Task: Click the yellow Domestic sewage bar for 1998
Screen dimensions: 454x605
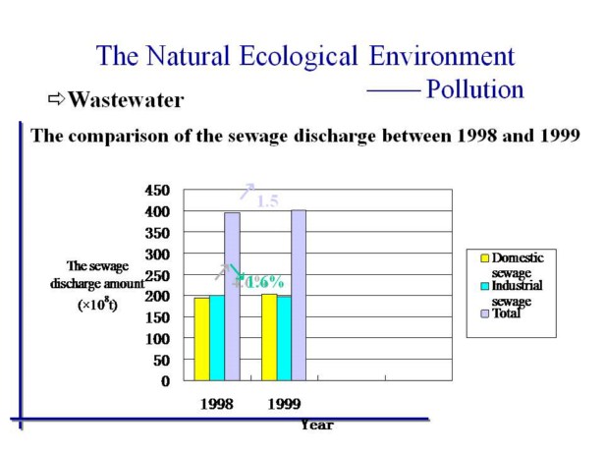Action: click(200, 339)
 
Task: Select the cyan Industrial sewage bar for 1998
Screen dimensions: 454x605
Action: click(216, 338)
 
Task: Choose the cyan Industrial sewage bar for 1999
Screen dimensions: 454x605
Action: click(284, 338)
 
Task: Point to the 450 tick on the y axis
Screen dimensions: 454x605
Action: click(157, 190)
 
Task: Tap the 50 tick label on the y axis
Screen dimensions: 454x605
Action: click(161, 359)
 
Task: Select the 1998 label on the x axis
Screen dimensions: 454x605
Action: click(215, 403)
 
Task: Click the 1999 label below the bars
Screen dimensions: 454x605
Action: click(283, 403)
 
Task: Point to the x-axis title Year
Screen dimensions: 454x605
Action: click(316, 425)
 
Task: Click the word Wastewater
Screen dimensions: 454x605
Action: click(126, 100)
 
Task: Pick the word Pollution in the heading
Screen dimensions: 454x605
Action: click(474, 89)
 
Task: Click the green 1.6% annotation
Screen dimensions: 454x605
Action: click(263, 282)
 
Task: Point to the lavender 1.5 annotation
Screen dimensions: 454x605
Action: click(267, 201)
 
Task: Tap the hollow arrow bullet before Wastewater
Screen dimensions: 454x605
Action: click(56, 99)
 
